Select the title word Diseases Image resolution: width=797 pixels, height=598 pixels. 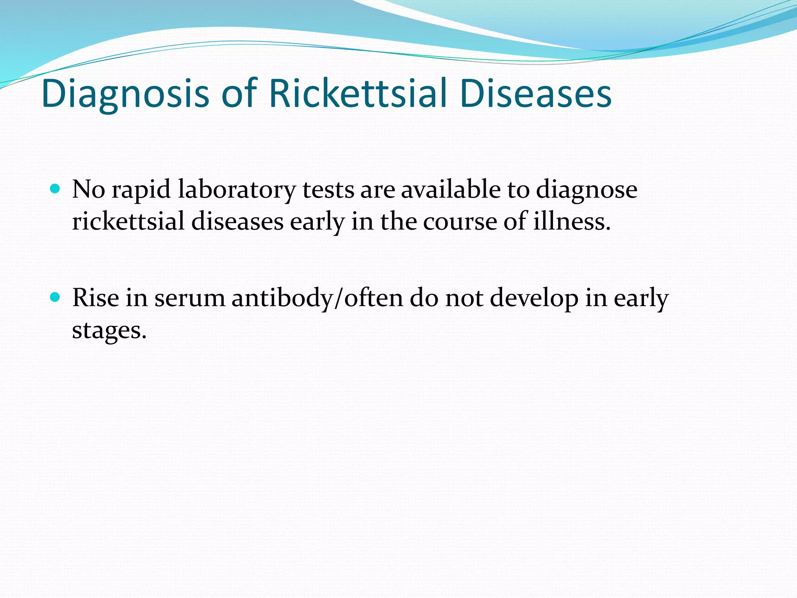point(535,94)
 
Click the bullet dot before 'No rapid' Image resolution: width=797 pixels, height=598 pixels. point(55,190)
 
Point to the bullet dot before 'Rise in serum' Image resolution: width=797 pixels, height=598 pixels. point(55,298)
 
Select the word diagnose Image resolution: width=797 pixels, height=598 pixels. point(586,190)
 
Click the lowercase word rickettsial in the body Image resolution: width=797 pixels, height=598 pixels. point(128,222)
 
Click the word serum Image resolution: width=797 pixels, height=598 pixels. point(190,299)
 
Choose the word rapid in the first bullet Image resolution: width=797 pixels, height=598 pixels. point(141,190)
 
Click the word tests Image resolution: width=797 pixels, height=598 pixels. point(328,190)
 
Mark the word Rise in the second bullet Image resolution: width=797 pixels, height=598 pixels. point(95,298)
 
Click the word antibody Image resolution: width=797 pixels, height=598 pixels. point(283,299)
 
